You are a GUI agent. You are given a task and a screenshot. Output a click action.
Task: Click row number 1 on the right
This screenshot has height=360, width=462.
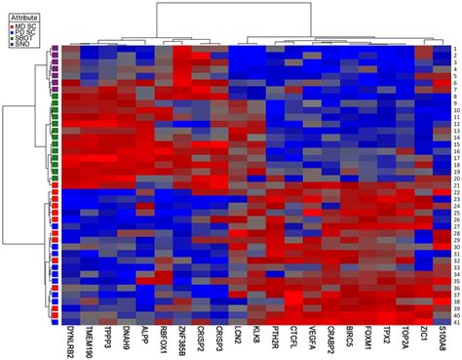pyautogui.click(x=454, y=48)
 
